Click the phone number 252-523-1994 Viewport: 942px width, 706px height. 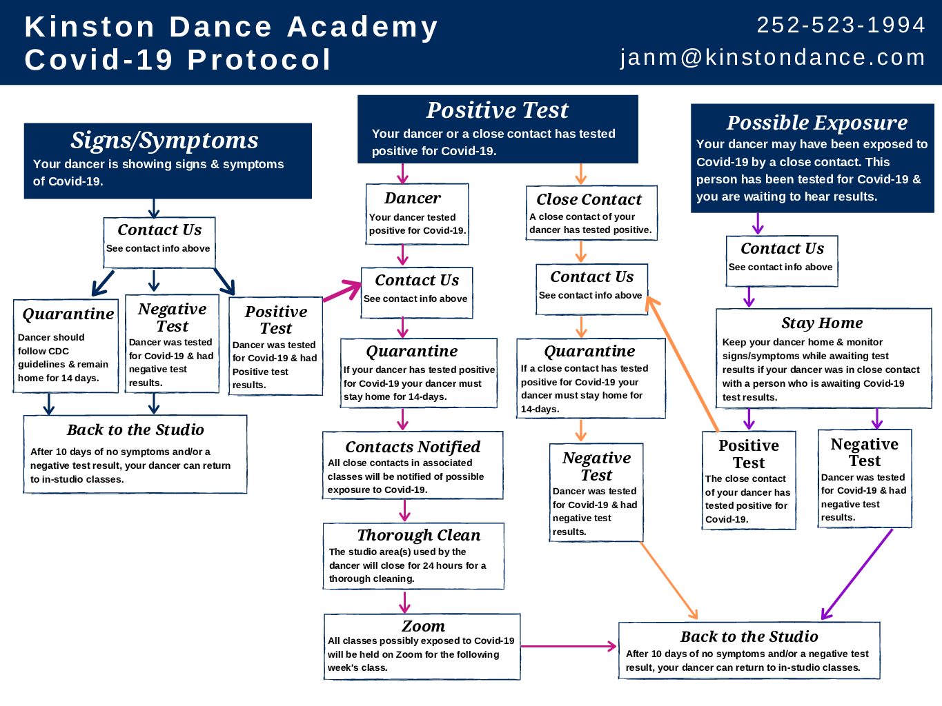(841, 25)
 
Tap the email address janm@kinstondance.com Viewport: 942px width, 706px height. (772, 57)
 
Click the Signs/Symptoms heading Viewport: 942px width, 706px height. (164, 141)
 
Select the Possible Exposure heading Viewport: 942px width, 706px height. (816, 123)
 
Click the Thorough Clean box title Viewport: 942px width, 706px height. (418, 535)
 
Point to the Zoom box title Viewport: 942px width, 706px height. (423, 626)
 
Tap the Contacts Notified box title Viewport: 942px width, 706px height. (413, 447)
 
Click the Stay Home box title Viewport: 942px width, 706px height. (822, 323)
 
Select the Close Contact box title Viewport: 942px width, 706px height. (589, 199)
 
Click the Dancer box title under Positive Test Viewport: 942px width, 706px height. (413, 198)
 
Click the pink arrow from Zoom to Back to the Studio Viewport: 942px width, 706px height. (569, 646)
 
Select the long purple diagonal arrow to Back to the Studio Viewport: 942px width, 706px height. (856, 574)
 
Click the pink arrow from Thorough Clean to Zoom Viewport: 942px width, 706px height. (404, 603)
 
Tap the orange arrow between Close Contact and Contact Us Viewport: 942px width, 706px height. (580, 251)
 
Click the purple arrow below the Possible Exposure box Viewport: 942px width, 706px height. (758, 223)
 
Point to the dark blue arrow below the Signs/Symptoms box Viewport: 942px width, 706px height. (154, 208)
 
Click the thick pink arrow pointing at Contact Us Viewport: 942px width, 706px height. (342, 291)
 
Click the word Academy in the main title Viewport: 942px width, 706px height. (362, 28)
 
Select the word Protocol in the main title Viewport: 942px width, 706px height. (259, 59)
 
